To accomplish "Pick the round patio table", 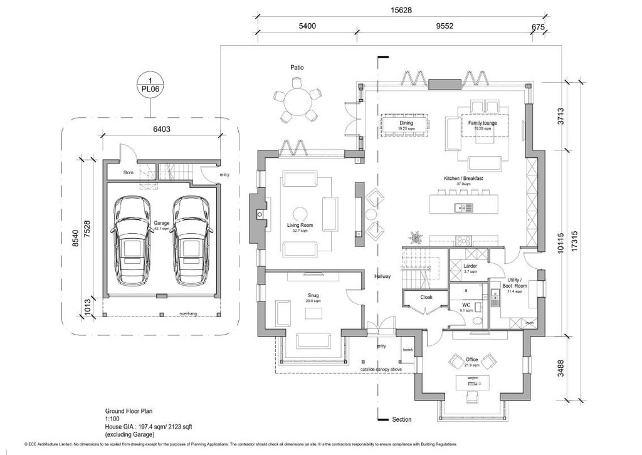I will [296, 100].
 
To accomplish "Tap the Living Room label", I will [300, 225].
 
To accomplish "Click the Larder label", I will [470, 266].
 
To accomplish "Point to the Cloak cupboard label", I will [426, 298].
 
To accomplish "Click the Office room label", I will [471, 359].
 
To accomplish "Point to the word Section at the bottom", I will [401, 419].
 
